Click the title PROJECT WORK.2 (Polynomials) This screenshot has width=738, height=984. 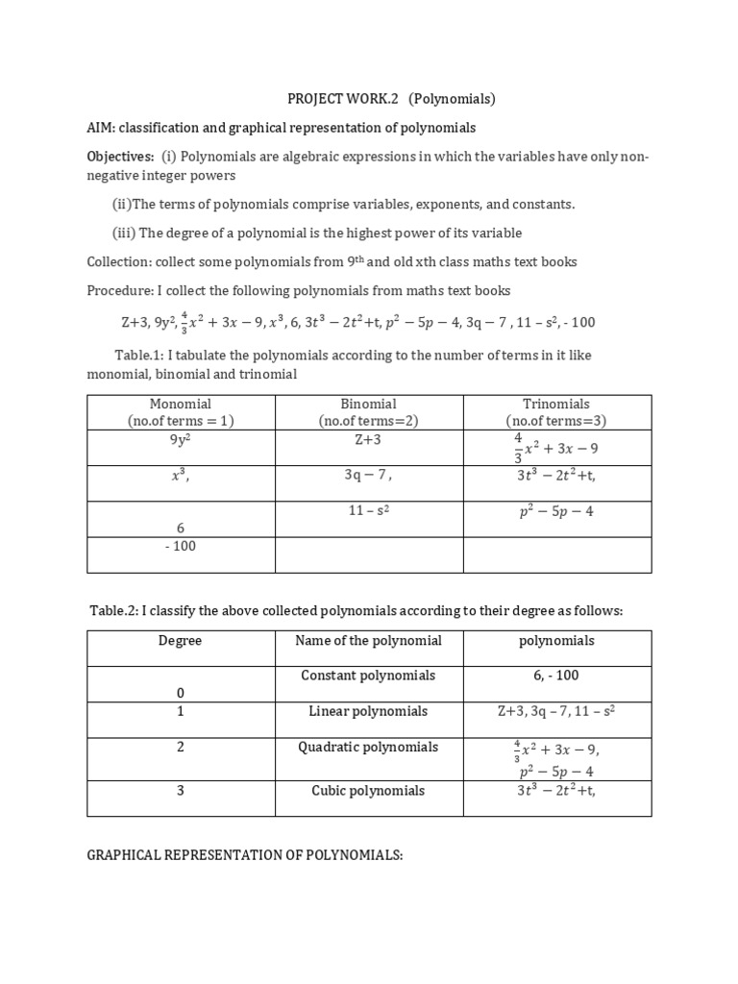pos(391,99)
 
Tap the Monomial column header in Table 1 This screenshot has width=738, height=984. pos(181,412)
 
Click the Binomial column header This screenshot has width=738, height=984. pos(369,412)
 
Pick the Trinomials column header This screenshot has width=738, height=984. pos(556,412)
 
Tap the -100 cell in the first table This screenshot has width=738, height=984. pos(181,546)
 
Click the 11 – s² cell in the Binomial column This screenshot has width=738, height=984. pos(369,511)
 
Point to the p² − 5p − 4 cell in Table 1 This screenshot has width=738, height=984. pos(556,511)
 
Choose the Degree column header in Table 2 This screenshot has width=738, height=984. pos(181,641)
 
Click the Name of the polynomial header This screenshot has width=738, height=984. pos(369,641)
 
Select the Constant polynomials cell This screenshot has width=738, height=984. pos(369,676)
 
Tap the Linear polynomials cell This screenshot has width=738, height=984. pos(369,712)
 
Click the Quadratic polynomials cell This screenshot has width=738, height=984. pos(369,748)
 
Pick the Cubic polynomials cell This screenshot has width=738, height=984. pos(369,791)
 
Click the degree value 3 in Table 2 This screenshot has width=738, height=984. pos(181,791)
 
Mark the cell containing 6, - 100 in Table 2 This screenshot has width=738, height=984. pos(556,676)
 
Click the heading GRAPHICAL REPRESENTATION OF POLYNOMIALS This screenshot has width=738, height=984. pos(244,854)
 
